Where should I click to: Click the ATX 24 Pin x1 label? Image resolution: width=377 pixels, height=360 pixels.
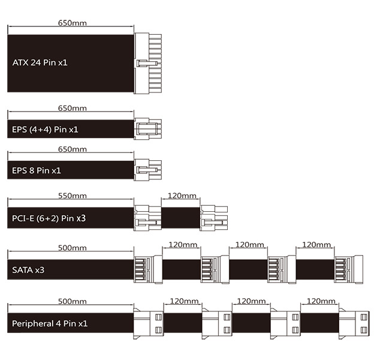[x=40, y=62]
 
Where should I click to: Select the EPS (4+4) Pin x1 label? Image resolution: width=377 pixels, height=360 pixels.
[x=46, y=129]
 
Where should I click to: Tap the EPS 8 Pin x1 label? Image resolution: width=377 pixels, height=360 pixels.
[x=37, y=170]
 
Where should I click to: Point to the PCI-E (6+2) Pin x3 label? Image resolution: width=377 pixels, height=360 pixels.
[x=49, y=218]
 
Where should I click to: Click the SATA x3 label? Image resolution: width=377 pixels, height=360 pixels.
[x=28, y=270]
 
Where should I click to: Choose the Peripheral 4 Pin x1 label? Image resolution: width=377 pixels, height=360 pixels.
[x=50, y=323]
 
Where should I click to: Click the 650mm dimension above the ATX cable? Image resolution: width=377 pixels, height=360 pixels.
[x=72, y=23]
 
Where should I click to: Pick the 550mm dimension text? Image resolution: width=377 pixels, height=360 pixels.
[x=72, y=196]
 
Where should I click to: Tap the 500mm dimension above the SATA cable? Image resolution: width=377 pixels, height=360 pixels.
[x=72, y=248]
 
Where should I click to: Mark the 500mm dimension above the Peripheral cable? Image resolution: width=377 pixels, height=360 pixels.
[x=72, y=301]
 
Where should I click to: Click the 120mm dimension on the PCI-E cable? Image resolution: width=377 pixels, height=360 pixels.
[x=182, y=196]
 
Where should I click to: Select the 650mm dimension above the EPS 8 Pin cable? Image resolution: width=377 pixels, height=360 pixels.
[x=72, y=149]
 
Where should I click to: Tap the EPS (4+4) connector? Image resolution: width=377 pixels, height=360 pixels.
[x=147, y=128]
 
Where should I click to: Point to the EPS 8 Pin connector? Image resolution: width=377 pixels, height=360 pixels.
[x=147, y=170]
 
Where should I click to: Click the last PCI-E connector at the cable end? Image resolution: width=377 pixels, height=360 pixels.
[x=214, y=217]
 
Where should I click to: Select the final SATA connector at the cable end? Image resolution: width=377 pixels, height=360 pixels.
[x=348, y=269]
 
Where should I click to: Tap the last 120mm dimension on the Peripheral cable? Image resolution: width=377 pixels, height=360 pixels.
[x=321, y=301]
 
